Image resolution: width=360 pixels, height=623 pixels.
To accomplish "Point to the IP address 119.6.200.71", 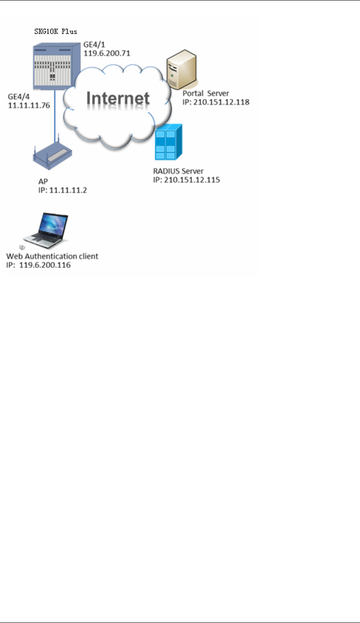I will (105, 54).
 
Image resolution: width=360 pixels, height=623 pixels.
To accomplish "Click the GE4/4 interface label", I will (19, 97).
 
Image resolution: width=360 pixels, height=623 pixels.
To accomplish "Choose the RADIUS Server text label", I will (178, 172).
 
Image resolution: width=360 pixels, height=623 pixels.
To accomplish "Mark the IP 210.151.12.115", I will (187, 180).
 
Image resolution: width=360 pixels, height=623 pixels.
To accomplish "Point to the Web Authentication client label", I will (52, 257).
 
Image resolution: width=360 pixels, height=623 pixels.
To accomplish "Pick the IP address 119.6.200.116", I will (38, 265).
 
